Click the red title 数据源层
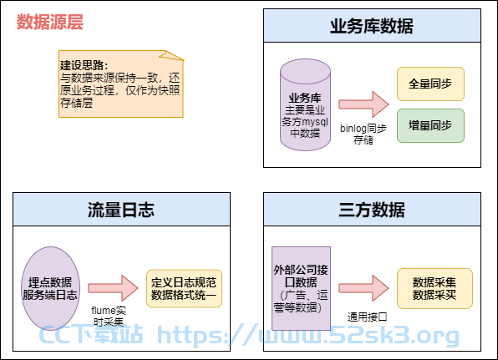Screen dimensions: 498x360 (x=50, y=22)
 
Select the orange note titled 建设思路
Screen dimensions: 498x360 (x=121, y=84)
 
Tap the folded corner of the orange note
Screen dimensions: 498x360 (x=172, y=55)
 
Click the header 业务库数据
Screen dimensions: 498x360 (x=372, y=26)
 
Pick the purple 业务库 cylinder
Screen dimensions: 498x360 (x=305, y=104)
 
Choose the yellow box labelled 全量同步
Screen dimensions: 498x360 (x=430, y=84)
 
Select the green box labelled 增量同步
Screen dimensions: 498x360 (x=430, y=126)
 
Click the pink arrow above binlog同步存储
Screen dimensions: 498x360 (x=363, y=104)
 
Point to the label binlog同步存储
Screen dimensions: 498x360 (x=363, y=134)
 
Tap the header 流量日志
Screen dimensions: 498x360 (x=121, y=210)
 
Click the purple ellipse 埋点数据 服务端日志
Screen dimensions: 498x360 (x=50, y=288)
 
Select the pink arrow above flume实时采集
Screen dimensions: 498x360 (x=113, y=288)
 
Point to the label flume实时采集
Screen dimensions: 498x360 (x=109, y=316)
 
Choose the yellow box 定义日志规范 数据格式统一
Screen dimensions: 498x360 (x=184, y=288)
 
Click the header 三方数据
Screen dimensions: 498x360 (x=372, y=210)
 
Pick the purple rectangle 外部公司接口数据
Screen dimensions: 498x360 (x=301, y=288)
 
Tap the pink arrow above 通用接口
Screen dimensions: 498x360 (x=363, y=288)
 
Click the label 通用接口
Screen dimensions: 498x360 (x=368, y=317)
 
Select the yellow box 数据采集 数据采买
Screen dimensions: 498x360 (x=434, y=288)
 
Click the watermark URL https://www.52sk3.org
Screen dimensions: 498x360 (x=308, y=335)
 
